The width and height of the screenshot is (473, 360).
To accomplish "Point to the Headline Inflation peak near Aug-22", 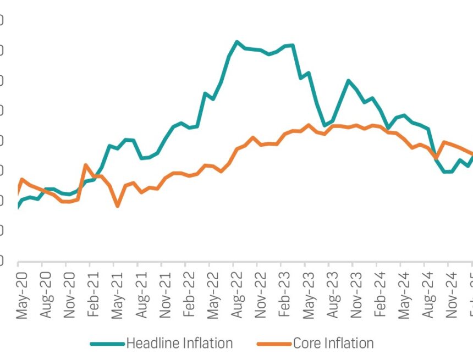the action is point(237,42).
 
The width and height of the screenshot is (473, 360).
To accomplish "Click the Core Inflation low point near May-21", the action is point(118,206).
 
